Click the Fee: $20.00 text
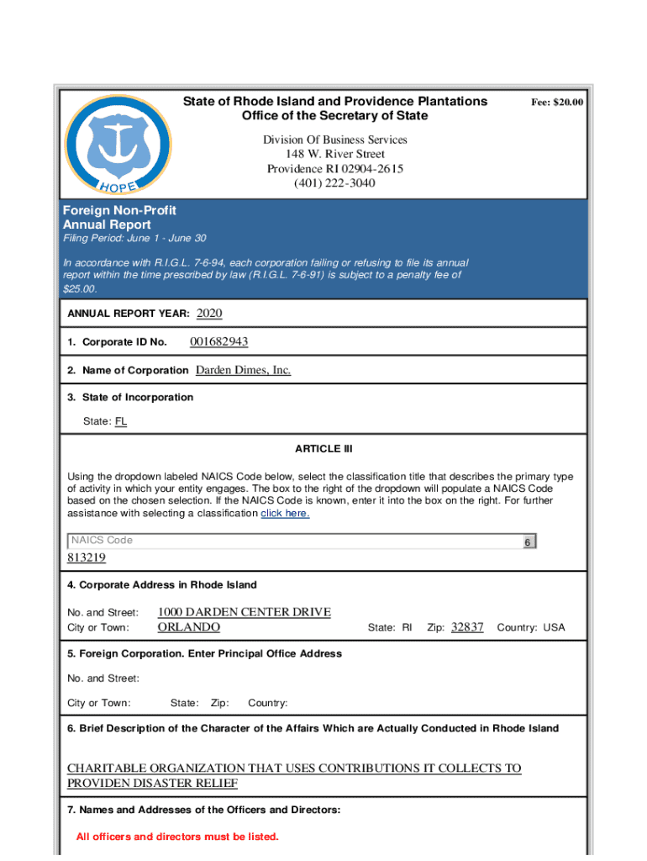(x=556, y=102)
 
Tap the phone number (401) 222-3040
(x=334, y=183)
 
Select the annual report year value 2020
(x=209, y=314)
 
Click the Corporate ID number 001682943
(x=218, y=341)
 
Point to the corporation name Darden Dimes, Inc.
(x=243, y=370)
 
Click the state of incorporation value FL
(x=121, y=421)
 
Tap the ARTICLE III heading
(x=323, y=449)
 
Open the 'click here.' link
(x=285, y=513)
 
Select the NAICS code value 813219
(x=87, y=558)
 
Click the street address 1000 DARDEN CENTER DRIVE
(x=244, y=612)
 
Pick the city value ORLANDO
(x=189, y=627)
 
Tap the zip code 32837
(x=467, y=627)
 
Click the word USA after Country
(x=554, y=628)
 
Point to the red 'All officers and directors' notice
(x=177, y=837)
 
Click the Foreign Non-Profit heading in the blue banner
(x=119, y=210)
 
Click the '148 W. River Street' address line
(x=334, y=155)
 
